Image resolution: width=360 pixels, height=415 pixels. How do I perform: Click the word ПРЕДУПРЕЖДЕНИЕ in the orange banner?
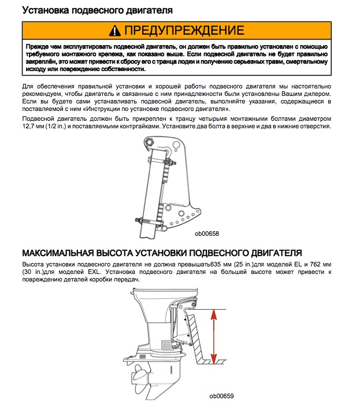(184, 30)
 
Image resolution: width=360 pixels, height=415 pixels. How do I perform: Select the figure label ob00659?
(222, 396)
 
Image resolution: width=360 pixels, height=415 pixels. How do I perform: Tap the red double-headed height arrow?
(214, 335)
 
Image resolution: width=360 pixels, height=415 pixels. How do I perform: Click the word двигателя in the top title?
(143, 10)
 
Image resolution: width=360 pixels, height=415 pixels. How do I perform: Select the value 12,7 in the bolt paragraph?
(29, 127)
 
